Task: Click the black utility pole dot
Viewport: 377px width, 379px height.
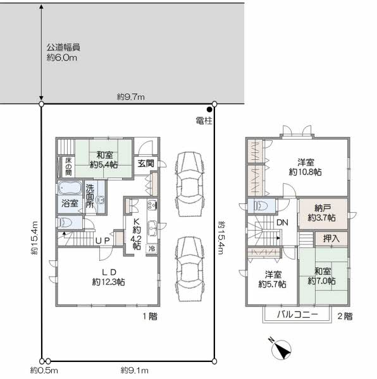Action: tap(209, 110)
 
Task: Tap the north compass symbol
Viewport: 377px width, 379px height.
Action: tap(281, 349)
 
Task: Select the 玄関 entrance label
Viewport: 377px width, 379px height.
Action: tap(145, 164)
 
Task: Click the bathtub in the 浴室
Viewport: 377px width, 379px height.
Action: tap(70, 188)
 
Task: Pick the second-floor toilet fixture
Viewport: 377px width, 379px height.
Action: tap(260, 206)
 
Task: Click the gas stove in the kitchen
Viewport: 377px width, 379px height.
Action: tap(152, 205)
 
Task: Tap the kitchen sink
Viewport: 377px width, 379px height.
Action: tap(152, 228)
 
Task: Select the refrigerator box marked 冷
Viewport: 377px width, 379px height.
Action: tap(152, 248)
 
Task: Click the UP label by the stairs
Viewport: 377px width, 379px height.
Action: tap(102, 241)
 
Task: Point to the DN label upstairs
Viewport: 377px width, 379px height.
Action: tap(282, 222)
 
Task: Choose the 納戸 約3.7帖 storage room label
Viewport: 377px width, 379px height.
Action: tap(321, 213)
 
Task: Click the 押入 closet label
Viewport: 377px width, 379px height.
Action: tap(331, 239)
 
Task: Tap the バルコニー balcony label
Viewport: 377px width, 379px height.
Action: tap(297, 315)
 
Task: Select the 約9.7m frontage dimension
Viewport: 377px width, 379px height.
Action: tap(131, 97)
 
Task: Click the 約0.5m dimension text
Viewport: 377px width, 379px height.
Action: tap(44, 370)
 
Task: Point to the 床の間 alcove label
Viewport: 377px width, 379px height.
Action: tap(68, 166)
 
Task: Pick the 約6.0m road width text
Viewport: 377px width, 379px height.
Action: tap(62, 57)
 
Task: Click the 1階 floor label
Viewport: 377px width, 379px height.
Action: tap(150, 316)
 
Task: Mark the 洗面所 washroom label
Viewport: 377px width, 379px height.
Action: tap(90, 196)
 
